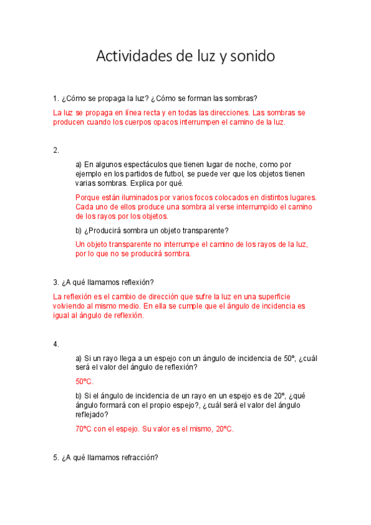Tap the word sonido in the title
pos(251,57)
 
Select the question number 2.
pos(56,150)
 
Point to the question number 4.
pos(56,344)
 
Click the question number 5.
pos(56,458)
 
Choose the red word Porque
pos(87,197)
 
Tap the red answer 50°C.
pos(84,381)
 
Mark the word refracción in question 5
pos(139,458)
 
